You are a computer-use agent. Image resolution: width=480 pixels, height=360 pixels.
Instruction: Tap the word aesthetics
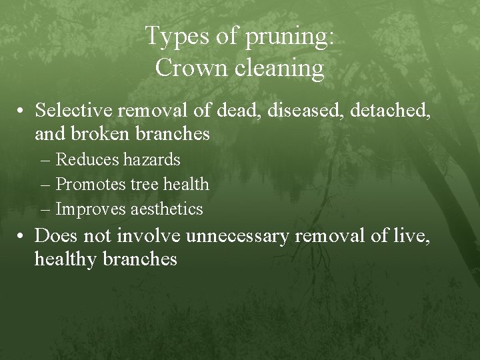point(167,209)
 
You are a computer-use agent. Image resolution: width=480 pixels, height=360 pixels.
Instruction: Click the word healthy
point(67,260)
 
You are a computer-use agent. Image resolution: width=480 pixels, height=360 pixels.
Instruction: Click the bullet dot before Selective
point(23,110)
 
